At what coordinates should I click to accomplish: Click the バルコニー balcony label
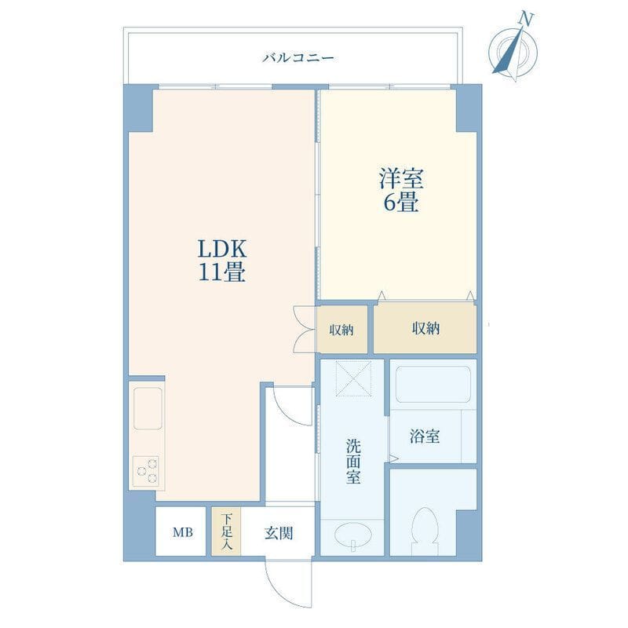[298, 57]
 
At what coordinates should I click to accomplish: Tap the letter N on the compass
[527, 19]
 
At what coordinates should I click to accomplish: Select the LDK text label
[222, 249]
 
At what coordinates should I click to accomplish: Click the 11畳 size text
[222, 272]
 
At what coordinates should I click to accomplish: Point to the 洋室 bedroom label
[401, 179]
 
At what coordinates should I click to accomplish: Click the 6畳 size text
[401, 203]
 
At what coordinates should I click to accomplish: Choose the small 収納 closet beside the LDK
[341, 330]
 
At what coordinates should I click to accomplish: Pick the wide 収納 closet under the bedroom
[425, 328]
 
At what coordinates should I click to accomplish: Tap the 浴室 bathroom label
[425, 436]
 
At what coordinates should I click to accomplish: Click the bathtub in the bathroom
[433, 384]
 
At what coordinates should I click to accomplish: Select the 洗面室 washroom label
[353, 461]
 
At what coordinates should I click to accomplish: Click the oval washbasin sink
[352, 535]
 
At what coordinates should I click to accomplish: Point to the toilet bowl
[425, 531]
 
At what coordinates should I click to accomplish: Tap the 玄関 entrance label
[279, 533]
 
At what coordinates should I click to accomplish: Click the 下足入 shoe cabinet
[226, 531]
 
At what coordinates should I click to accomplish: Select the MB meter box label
[183, 532]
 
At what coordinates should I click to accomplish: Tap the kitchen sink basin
[148, 408]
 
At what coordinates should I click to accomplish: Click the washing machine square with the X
[353, 378]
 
